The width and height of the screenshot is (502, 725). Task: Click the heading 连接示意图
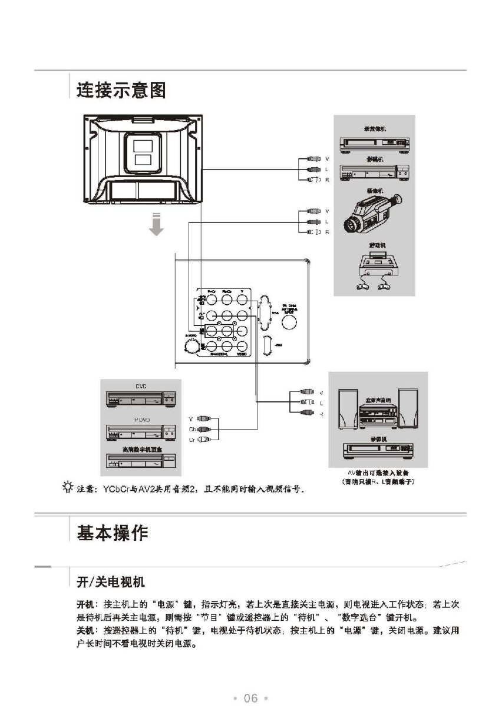tap(121, 91)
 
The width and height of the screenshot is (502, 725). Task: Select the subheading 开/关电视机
tap(111, 582)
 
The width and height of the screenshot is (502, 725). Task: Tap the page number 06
tap(250, 698)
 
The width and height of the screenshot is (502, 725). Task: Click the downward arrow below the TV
tap(156, 225)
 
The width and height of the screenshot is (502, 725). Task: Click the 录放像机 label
tap(374, 127)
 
